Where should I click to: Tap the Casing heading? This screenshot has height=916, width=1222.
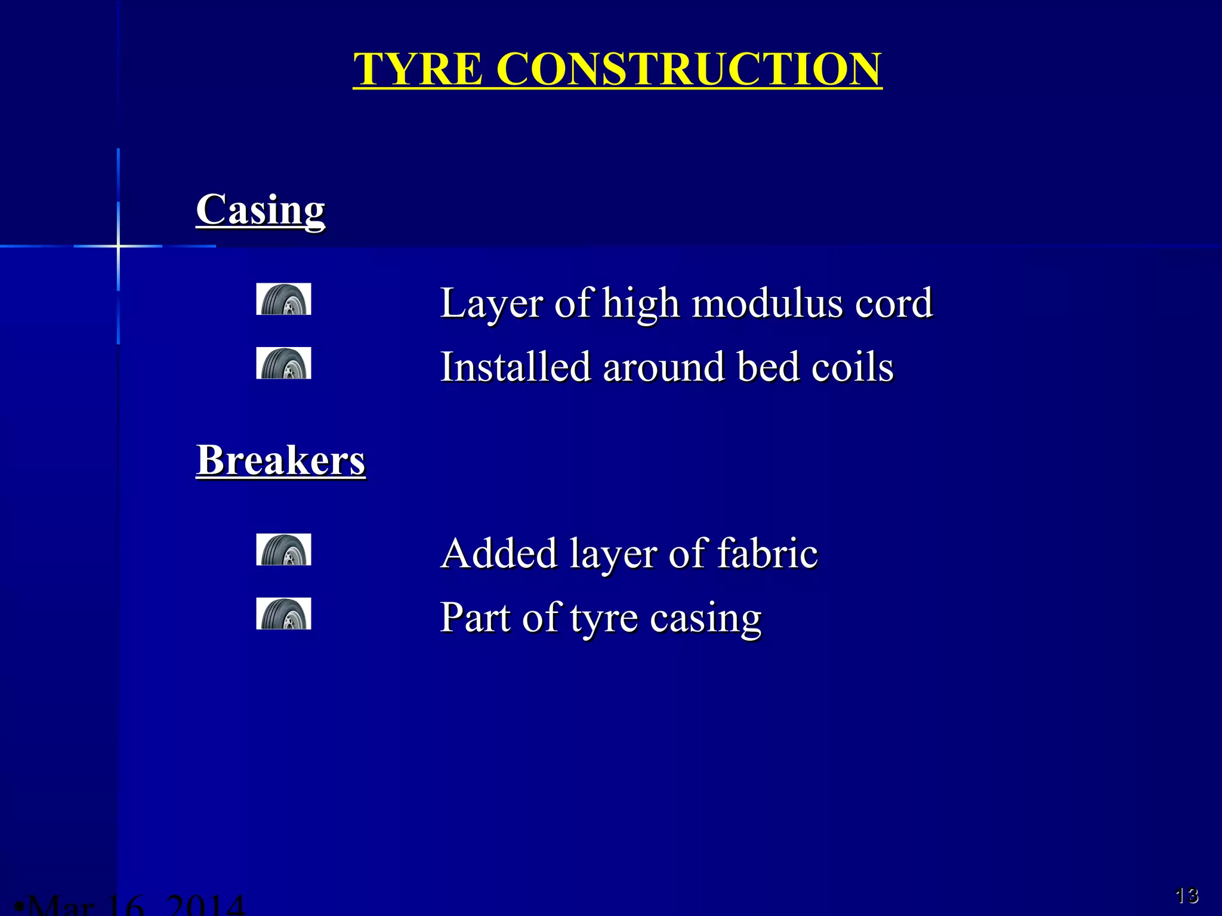tap(261, 209)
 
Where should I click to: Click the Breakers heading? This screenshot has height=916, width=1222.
tap(280, 460)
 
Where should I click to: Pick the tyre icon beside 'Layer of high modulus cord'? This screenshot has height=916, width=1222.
tap(283, 299)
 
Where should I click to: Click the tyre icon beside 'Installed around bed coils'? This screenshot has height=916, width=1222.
tap(283, 363)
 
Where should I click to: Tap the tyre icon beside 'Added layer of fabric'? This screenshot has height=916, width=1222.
tap(283, 550)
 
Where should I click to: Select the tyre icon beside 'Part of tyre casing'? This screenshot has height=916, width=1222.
tap(283, 614)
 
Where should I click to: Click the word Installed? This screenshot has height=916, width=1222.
tap(515, 366)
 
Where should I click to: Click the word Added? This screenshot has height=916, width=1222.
tap(499, 553)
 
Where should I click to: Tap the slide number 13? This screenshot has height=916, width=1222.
tap(1187, 895)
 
